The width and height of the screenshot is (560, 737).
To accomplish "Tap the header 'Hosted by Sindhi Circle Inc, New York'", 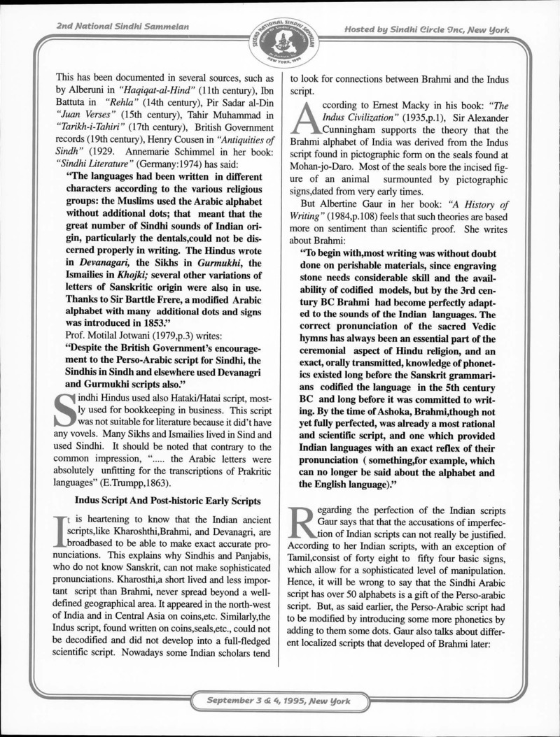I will [426, 29].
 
